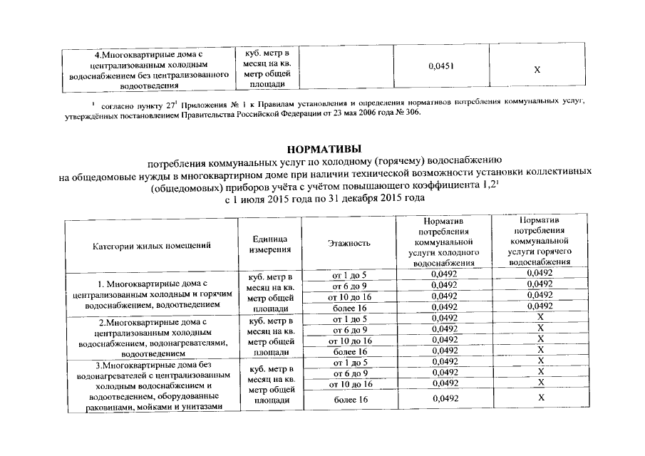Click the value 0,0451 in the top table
click(x=442, y=66)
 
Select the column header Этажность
click(x=349, y=244)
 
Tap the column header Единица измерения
click(x=269, y=244)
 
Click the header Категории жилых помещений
click(x=151, y=246)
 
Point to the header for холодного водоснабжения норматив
click(x=444, y=242)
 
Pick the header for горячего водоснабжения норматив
click(x=540, y=242)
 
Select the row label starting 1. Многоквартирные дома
click(x=150, y=294)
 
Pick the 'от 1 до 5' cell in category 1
click(x=349, y=274)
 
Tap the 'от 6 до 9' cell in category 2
click(x=349, y=330)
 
